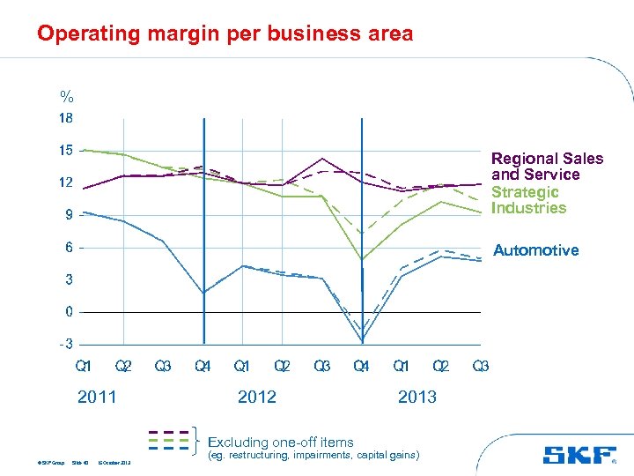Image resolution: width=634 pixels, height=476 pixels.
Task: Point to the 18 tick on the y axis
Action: (x=66, y=118)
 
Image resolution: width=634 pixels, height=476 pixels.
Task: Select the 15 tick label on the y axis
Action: (x=66, y=151)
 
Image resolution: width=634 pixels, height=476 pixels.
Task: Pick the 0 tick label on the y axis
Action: (x=69, y=312)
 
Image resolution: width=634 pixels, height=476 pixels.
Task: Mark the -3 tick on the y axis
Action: (x=67, y=344)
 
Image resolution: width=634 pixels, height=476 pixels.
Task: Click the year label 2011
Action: (x=97, y=397)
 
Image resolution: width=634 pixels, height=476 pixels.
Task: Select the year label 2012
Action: (x=257, y=397)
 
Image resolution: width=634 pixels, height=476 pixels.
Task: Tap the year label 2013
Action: (x=417, y=397)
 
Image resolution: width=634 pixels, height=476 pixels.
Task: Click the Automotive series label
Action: (x=535, y=250)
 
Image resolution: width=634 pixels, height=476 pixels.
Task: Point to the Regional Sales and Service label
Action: (x=547, y=167)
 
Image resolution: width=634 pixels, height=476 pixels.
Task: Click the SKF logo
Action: (x=579, y=456)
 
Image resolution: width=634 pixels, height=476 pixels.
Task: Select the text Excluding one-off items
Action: (x=280, y=443)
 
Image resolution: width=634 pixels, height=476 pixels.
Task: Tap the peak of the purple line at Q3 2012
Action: (x=322, y=159)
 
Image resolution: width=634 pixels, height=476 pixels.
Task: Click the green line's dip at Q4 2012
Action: (x=362, y=259)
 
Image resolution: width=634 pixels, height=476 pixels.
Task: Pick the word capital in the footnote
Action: (x=360, y=456)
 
